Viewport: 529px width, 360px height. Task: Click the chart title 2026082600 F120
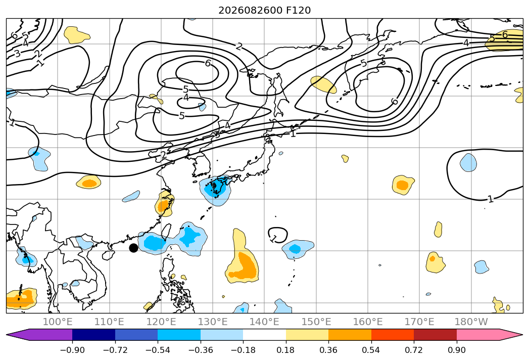[x=265, y=11]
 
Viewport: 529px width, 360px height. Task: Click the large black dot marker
[x=133, y=248]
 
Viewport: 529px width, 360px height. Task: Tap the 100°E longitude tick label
[x=58, y=322]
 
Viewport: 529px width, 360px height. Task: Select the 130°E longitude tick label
[x=213, y=322]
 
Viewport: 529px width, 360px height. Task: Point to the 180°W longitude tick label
[x=471, y=322]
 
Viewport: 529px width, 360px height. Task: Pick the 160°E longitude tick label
[x=368, y=322]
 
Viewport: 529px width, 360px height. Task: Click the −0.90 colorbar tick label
[x=72, y=350]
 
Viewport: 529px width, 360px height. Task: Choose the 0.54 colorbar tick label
[x=371, y=350]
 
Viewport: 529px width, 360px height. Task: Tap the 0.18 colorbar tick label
[x=286, y=350]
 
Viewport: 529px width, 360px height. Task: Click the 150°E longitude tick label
[x=316, y=322]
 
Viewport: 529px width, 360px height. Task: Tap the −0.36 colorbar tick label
[x=201, y=350]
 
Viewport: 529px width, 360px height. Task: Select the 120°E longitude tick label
[x=161, y=322]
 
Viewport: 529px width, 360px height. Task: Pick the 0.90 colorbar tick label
[x=456, y=350]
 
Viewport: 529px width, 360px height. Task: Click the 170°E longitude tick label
[x=419, y=322]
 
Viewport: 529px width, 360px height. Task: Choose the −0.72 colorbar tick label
[x=115, y=350]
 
